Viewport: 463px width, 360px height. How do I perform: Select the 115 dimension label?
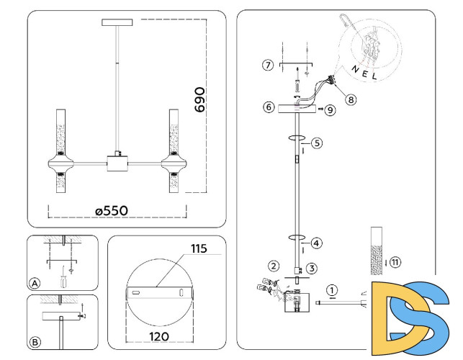[199, 249]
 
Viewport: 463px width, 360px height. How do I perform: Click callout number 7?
[267, 66]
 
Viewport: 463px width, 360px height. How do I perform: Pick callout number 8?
[351, 100]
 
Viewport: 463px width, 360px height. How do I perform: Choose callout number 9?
[330, 111]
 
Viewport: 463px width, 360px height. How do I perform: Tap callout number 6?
[268, 107]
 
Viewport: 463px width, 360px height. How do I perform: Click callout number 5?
[317, 143]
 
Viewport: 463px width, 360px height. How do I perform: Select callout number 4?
[317, 243]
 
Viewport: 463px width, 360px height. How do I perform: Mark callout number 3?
[311, 269]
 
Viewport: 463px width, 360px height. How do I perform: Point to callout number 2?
[274, 266]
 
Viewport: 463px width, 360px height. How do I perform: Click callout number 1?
[331, 290]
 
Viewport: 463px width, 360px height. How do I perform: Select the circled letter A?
[35, 282]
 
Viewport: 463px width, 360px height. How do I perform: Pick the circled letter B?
[36, 341]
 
